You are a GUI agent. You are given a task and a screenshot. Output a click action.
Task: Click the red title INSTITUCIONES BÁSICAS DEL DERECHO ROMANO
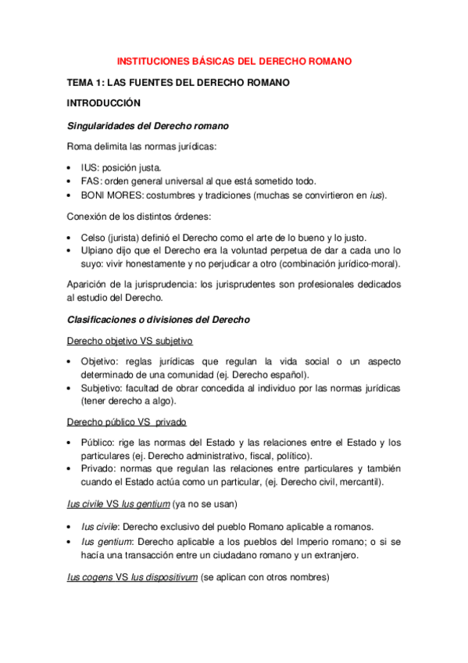(234, 60)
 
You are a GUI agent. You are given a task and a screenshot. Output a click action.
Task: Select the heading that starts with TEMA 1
(178, 82)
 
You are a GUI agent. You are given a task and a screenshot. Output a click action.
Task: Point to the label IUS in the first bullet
(90, 167)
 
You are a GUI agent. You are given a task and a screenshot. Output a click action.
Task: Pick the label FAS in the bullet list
(91, 181)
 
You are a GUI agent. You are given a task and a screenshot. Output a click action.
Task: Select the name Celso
(95, 237)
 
